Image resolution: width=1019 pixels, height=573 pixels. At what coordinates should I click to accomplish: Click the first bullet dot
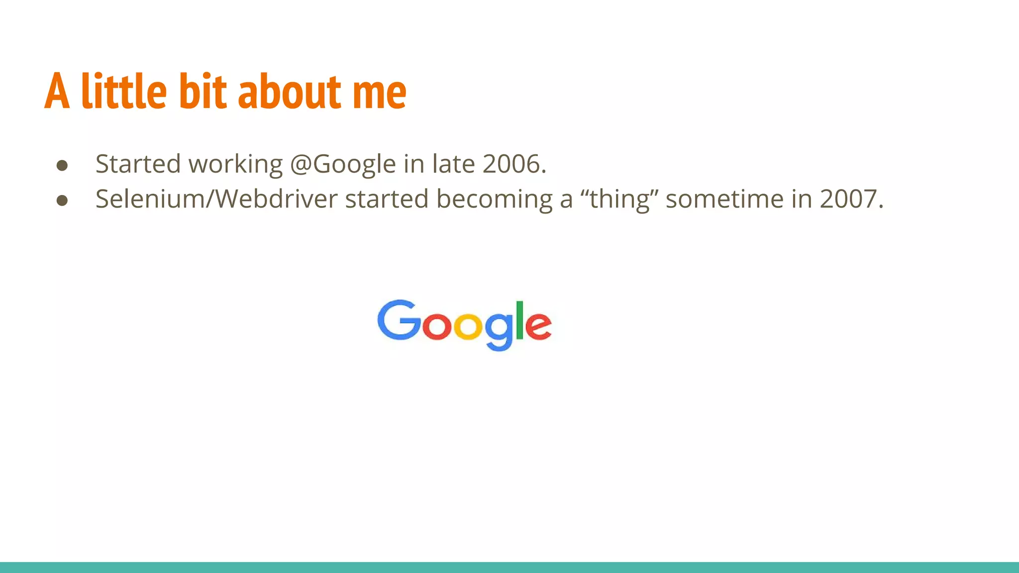[62, 165]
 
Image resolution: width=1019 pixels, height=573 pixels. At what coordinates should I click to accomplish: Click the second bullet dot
[62, 200]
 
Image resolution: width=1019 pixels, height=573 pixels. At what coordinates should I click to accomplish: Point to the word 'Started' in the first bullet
[138, 164]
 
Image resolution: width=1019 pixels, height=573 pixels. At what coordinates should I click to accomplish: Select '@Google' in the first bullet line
[343, 164]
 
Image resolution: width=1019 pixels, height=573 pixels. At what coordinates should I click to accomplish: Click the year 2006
[514, 164]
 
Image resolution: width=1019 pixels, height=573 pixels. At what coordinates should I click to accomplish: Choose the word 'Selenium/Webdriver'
[216, 199]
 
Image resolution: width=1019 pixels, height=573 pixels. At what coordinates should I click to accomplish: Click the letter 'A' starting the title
[57, 92]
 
